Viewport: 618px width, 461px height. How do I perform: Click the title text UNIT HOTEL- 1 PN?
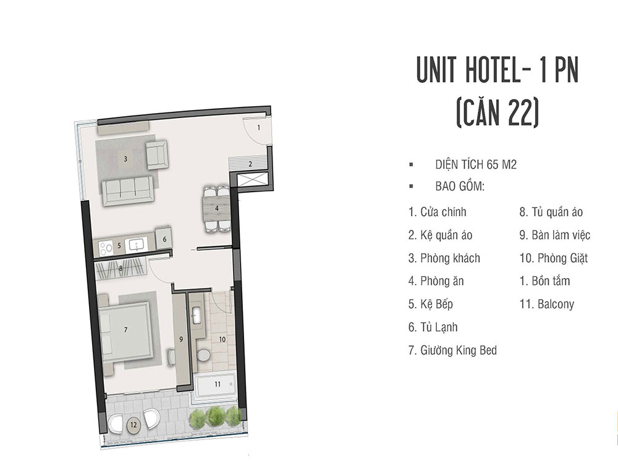point(497,70)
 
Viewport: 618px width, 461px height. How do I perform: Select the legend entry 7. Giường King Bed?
point(452,350)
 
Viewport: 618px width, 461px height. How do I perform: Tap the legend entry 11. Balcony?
point(546,304)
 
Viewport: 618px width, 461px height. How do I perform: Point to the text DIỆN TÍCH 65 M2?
point(476,164)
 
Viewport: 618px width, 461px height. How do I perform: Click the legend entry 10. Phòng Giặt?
point(553,258)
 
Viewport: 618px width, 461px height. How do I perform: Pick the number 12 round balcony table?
point(134,425)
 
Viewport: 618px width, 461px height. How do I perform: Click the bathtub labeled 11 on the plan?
point(216,384)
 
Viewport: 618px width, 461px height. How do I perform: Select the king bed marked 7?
point(124,330)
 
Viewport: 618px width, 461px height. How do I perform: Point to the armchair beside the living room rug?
point(156,154)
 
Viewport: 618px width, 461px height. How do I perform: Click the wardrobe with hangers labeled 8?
point(121,269)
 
